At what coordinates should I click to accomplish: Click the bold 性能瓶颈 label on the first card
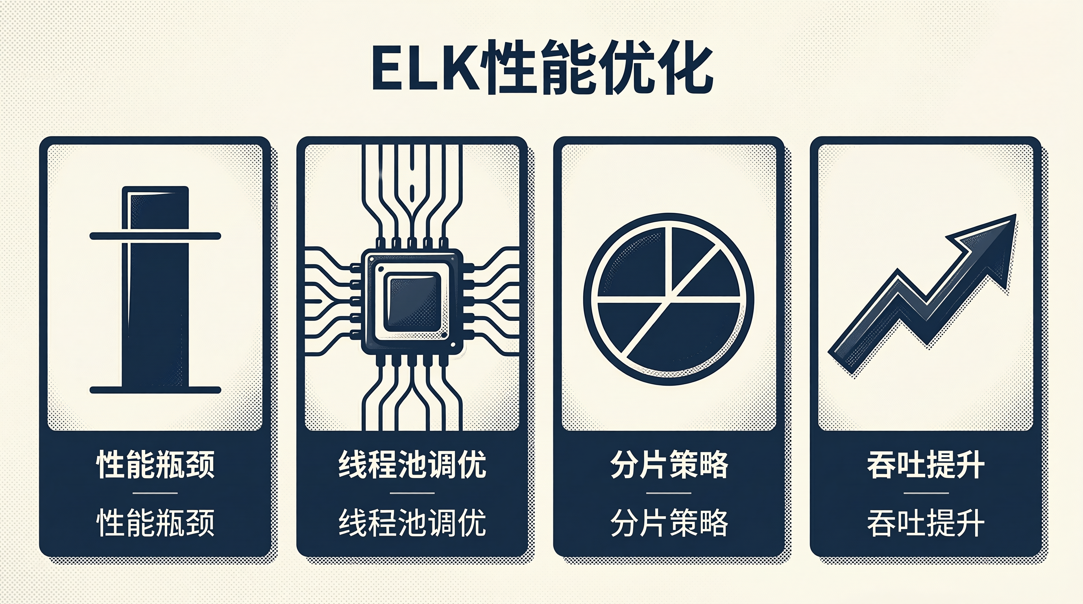(155, 464)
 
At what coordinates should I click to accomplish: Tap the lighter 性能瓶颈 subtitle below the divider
(155, 522)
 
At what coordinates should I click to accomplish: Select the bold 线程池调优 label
(412, 464)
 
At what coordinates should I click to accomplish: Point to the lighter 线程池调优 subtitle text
(412, 522)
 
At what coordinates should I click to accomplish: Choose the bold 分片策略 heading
(669, 464)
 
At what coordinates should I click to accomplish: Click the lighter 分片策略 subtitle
(669, 522)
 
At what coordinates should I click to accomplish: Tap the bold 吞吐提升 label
(926, 464)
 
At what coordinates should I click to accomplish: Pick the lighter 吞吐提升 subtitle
(926, 522)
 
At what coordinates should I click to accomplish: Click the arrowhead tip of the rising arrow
(1015, 215)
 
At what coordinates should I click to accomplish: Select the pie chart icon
(669, 299)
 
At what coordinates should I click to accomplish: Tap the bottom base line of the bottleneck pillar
(155, 390)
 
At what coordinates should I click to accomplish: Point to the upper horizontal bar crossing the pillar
(155, 236)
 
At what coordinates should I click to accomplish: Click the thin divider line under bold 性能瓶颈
(155, 493)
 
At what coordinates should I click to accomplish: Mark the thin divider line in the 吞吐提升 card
(926, 493)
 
